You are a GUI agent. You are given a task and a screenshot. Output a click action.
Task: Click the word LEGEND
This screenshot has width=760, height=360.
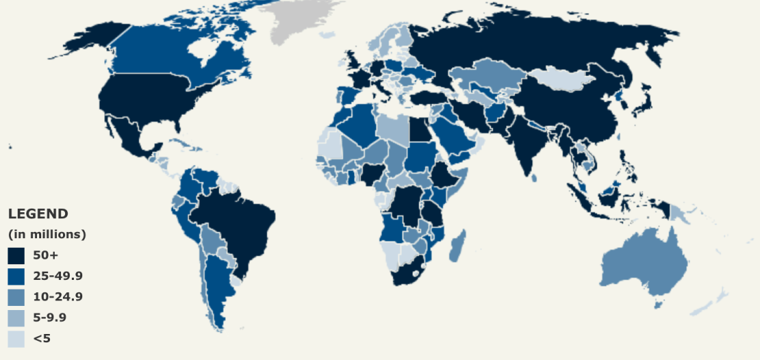pyautogui.click(x=38, y=214)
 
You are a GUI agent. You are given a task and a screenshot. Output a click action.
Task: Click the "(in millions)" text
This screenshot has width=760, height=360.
pyautogui.click(x=47, y=234)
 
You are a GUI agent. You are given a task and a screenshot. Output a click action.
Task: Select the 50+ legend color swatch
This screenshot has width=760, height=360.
pyautogui.click(x=16, y=255)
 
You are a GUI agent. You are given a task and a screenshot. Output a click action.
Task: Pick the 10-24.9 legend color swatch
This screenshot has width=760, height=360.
pyautogui.click(x=16, y=297)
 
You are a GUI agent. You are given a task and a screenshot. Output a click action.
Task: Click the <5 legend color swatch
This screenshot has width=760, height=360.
pyautogui.click(x=16, y=339)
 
